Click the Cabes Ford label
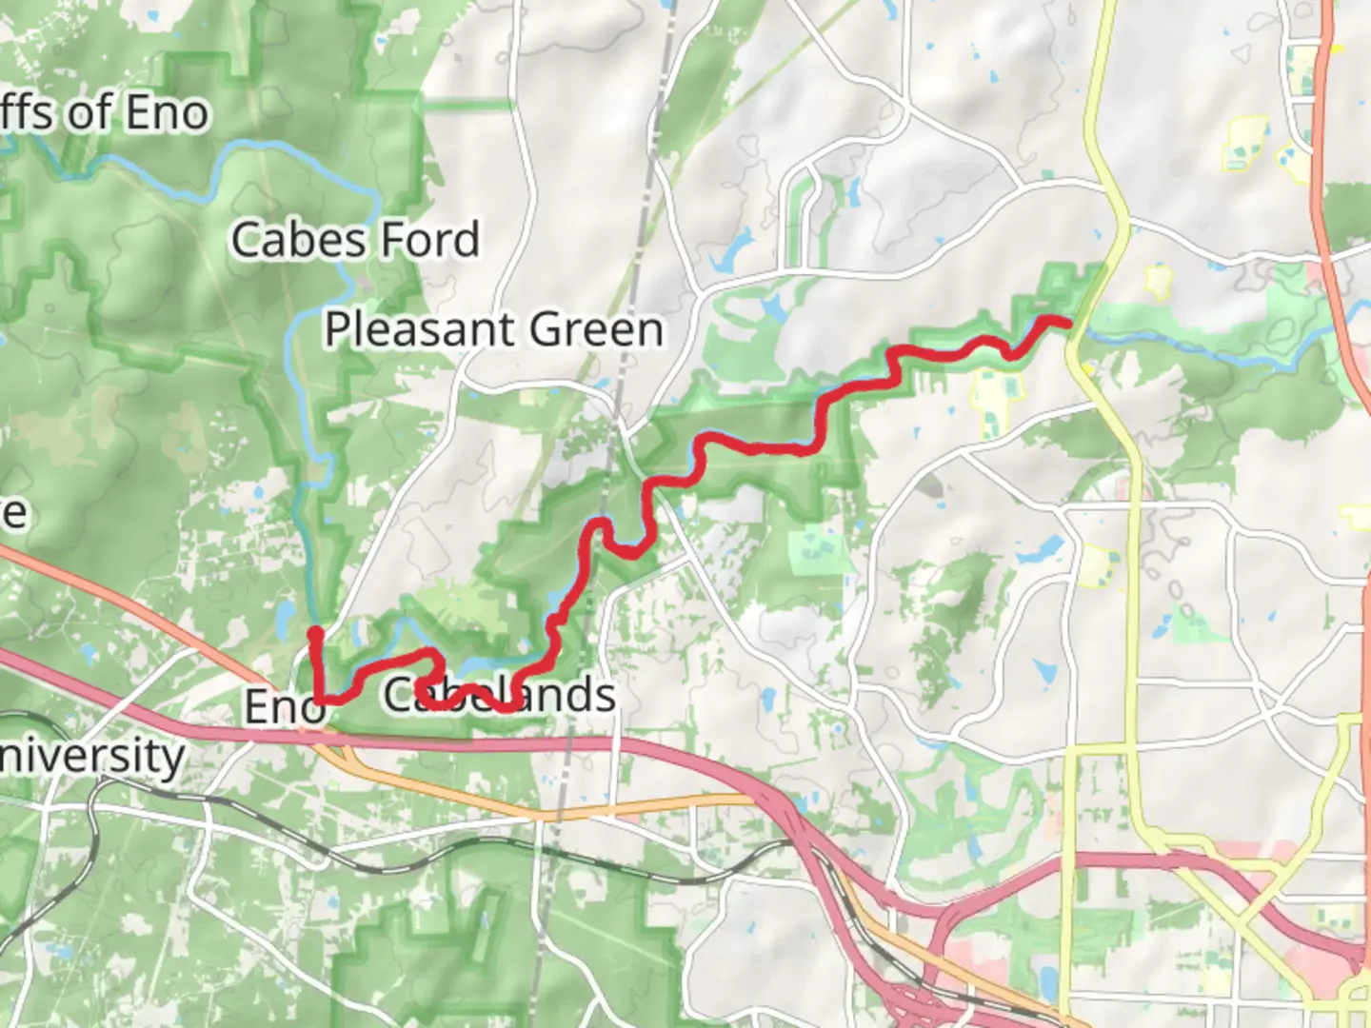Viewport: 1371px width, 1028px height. click(x=355, y=239)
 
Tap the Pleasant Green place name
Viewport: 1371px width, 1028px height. click(x=493, y=329)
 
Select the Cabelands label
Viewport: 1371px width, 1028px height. click(x=499, y=694)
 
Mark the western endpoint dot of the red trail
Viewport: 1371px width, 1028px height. click(x=314, y=631)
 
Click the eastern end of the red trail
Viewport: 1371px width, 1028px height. click(x=1067, y=323)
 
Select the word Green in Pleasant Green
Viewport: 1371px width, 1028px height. click(x=596, y=329)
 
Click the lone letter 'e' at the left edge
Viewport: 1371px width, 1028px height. click(x=13, y=514)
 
